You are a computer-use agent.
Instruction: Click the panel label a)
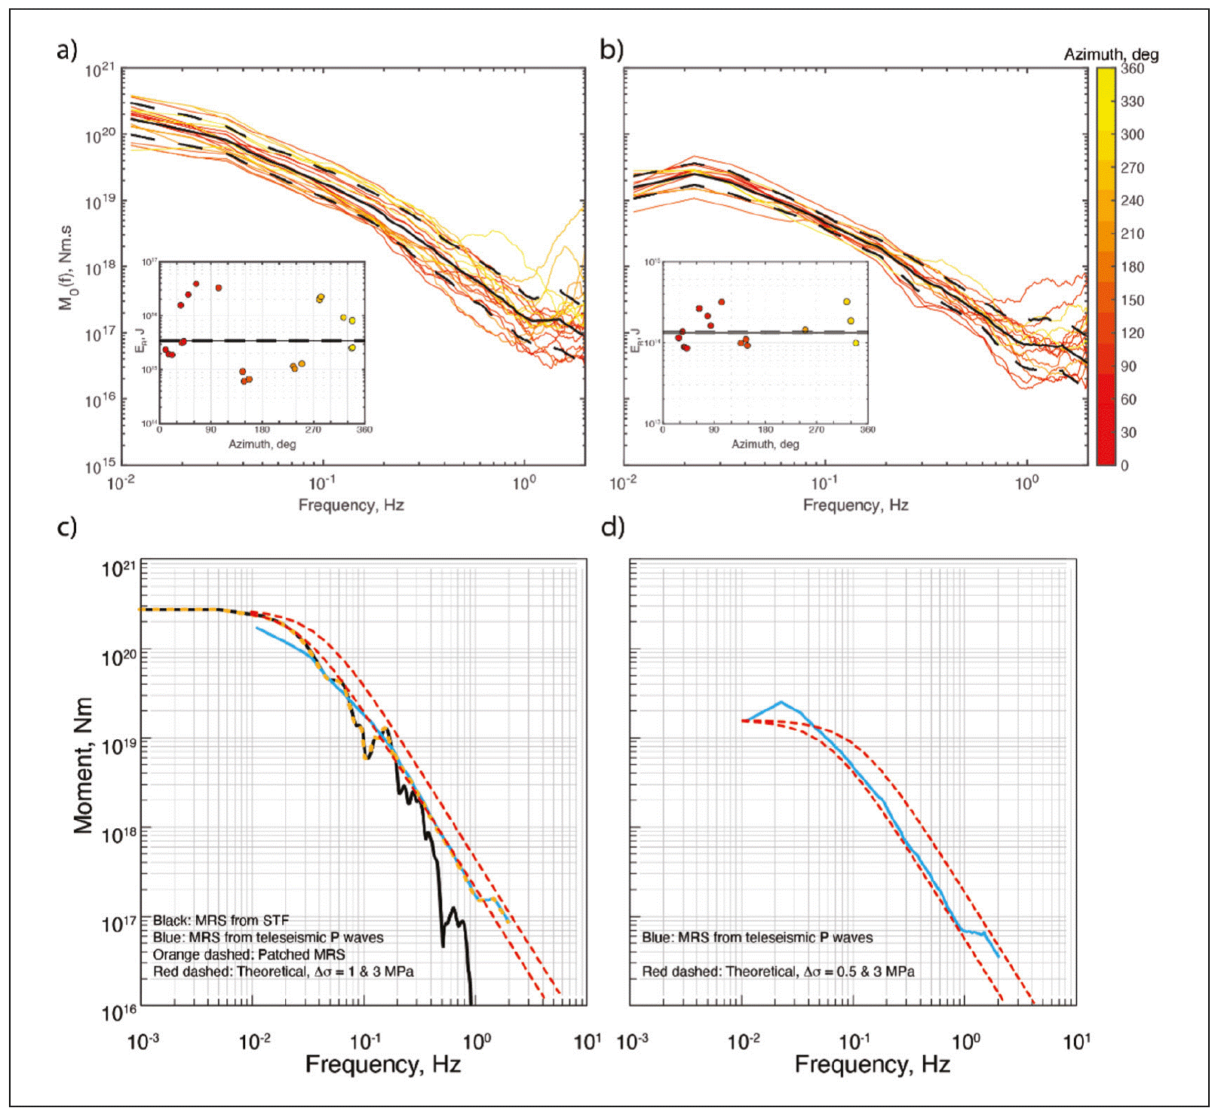66,51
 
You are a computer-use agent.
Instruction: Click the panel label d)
612,526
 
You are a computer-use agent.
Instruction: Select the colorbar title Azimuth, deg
1110,54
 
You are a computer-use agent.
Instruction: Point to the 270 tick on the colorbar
1131,167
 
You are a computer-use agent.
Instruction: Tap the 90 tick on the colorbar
1128,366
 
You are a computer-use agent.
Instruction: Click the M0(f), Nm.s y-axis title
66,267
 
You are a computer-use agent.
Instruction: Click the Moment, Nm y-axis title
83,765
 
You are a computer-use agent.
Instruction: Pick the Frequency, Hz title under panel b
854,505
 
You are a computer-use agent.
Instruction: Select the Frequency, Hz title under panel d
872,1064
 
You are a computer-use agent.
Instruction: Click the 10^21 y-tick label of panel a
100,70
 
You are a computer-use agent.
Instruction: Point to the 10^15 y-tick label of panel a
100,465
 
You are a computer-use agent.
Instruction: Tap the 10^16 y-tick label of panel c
119,1011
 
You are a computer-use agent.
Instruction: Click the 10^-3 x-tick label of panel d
632,1042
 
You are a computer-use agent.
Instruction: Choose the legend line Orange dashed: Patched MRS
249,954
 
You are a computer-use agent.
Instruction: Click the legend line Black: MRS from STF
220,920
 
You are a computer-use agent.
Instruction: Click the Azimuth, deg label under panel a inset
262,444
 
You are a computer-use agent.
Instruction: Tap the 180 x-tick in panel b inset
765,429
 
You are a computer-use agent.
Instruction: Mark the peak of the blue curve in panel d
781,702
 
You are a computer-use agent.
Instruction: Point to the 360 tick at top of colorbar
1131,69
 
